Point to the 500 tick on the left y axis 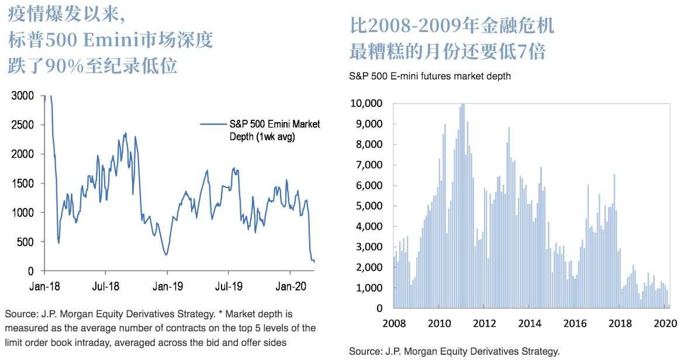[x=25, y=242]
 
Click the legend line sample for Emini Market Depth [x=213, y=124]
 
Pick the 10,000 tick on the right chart [x=366, y=103]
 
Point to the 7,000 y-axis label [x=368, y=165]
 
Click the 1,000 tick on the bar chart [x=368, y=288]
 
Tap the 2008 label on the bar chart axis [x=394, y=323]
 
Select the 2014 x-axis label [x=530, y=323]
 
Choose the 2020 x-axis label [x=665, y=323]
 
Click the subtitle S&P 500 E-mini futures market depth [x=430, y=76]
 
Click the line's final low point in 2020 [x=314, y=262]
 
